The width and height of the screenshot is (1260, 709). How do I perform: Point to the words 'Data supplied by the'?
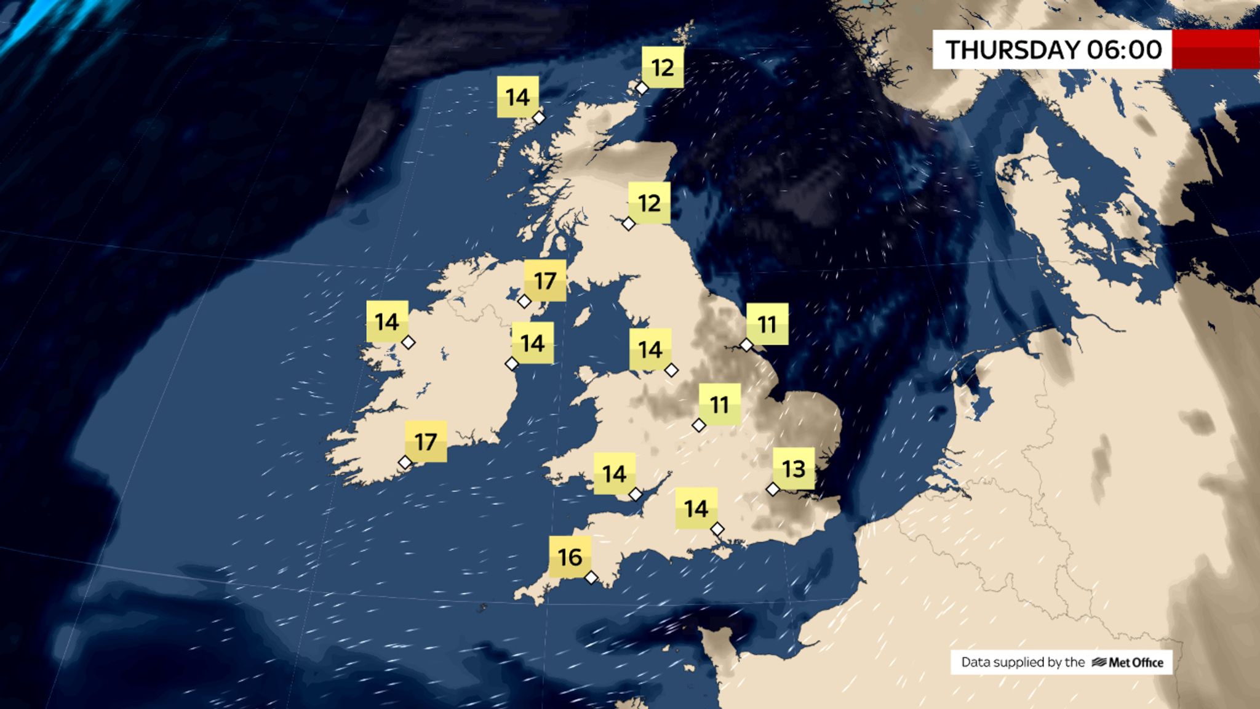(x=1023, y=662)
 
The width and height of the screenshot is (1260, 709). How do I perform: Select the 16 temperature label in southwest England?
(x=570, y=557)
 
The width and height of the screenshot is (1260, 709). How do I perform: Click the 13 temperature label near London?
(x=794, y=469)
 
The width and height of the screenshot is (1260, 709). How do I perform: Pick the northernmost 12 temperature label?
(x=663, y=67)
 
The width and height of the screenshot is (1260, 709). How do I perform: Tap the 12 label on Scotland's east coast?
(x=649, y=203)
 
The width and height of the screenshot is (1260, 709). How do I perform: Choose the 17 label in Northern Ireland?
(x=545, y=281)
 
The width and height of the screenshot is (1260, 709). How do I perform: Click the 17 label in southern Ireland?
(x=426, y=441)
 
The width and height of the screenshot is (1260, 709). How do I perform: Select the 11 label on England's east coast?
(x=767, y=324)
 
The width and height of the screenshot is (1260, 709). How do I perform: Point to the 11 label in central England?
(x=719, y=405)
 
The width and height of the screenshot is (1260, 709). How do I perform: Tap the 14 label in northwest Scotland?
(x=517, y=97)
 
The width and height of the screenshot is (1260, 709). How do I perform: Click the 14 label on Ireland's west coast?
(x=387, y=321)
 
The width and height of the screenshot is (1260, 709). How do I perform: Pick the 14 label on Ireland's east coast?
(x=532, y=343)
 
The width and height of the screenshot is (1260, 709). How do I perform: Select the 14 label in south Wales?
(x=614, y=474)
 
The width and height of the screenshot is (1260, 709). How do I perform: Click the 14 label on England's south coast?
(x=696, y=508)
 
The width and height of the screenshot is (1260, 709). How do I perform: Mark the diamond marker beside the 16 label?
(x=591, y=577)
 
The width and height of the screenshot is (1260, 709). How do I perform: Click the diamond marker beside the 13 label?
(x=773, y=489)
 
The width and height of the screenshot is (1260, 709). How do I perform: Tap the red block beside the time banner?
(x=1216, y=49)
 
